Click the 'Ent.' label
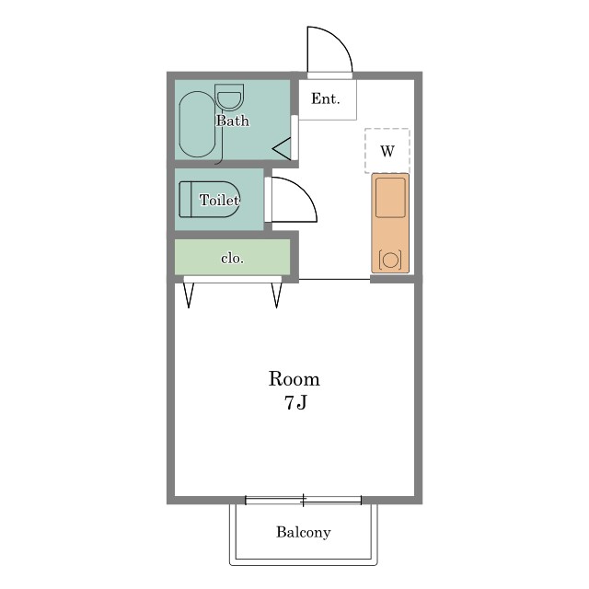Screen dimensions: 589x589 325,98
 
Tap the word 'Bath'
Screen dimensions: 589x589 233,121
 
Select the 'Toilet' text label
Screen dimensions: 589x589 219,200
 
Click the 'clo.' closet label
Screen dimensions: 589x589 232,259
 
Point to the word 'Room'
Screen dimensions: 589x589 294,378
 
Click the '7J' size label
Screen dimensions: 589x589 295,403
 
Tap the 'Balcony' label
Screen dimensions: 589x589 304,532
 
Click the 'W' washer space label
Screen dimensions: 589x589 387,151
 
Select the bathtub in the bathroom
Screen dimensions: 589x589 197,124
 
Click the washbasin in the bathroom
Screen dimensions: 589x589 229,97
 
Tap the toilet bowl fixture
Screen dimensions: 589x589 209,200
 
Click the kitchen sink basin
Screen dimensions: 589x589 390,197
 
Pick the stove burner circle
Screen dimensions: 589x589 390,260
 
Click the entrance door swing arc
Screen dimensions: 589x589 339,40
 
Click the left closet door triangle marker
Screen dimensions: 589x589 189,294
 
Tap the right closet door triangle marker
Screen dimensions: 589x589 276,294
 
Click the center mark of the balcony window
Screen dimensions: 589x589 303,500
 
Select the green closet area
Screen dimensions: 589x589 232,257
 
